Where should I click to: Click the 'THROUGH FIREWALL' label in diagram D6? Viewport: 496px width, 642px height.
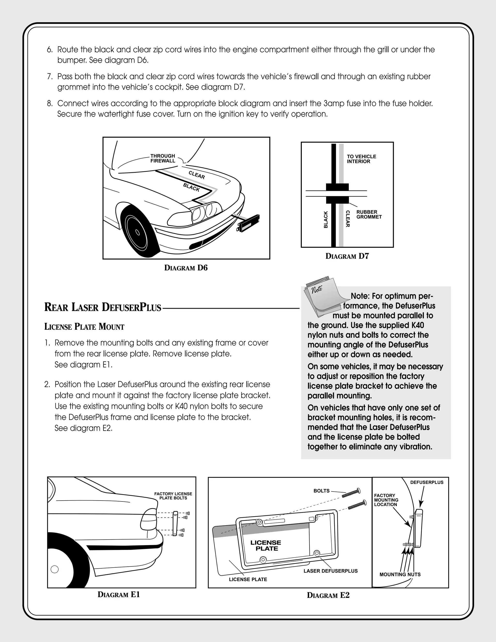(163, 158)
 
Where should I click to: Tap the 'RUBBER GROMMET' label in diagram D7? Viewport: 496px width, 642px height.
(369, 214)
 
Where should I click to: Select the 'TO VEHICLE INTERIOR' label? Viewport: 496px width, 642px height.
(361, 159)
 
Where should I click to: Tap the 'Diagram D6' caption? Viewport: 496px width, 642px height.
(186, 268)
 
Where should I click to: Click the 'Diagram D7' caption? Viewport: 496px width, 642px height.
(347, 256)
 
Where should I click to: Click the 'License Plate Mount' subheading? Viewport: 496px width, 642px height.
(84, 327)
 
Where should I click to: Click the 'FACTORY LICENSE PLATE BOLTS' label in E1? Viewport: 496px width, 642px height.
(173, 496)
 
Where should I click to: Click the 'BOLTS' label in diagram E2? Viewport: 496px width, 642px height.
(321, 491)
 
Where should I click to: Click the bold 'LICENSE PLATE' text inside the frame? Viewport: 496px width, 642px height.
(266, 545)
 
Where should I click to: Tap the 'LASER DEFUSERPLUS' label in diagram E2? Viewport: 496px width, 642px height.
(330, 571)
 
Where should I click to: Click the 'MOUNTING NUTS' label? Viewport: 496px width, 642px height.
(400, 574)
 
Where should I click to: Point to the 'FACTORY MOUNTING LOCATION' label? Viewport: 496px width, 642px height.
(386, 500)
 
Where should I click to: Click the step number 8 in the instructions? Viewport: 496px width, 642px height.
(49, 103)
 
